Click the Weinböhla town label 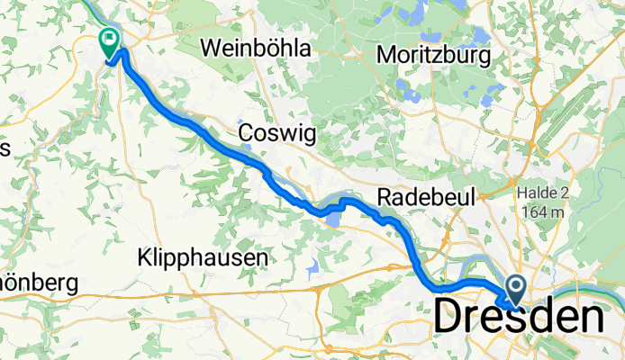257,49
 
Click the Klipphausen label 204,258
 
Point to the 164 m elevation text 546,211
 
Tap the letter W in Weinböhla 213,49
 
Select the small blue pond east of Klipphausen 312,266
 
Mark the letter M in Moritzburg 385,56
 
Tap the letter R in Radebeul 385,197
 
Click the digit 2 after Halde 569,193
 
